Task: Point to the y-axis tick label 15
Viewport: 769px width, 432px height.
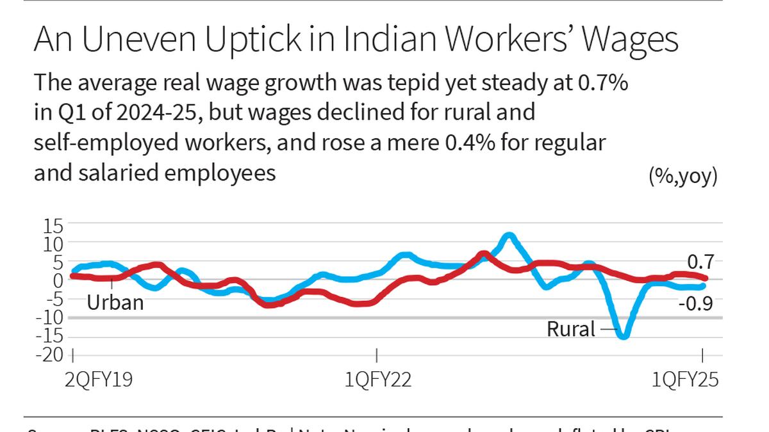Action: coord(53,226)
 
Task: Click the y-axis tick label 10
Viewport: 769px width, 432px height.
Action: coord(53,244)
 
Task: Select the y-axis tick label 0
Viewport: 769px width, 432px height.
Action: coord(59,280)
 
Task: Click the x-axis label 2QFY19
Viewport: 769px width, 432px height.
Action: coord(99,380)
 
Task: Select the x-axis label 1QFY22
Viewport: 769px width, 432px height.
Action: coord(378,380)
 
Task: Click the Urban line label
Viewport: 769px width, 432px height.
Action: coord(115,301)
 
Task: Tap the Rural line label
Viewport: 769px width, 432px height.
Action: coord(571,329)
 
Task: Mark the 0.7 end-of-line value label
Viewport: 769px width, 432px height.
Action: coord(700,262)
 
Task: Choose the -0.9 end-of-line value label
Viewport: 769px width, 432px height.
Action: coord(696,303)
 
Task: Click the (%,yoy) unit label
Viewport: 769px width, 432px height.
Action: coord(683,176)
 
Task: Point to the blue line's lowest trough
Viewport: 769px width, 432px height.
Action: coord(623,335)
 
